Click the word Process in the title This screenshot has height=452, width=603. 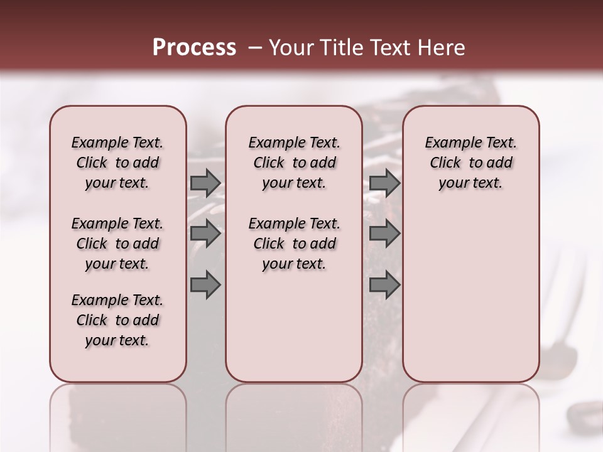point(194,48)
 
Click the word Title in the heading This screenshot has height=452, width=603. point(339,48)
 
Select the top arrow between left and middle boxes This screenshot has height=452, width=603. point(205,183)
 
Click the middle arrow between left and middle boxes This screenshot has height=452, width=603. point(205,234)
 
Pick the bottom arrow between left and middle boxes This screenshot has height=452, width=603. point(205,286)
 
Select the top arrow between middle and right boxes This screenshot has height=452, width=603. point(384,183)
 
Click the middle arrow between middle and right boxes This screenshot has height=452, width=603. point(384,234)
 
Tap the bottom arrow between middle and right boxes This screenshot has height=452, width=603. point(384,286)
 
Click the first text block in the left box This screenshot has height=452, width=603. point(117,163)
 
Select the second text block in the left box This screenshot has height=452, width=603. point(117,244)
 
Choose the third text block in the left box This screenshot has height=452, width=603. point(117,320)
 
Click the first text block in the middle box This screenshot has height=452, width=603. point(294,163)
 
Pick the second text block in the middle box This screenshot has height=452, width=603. point(294,244)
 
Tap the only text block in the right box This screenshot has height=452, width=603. point(470,163)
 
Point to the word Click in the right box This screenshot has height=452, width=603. point(445,163)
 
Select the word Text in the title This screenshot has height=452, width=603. point(387,48)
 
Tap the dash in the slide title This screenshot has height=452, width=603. point(254,48)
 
